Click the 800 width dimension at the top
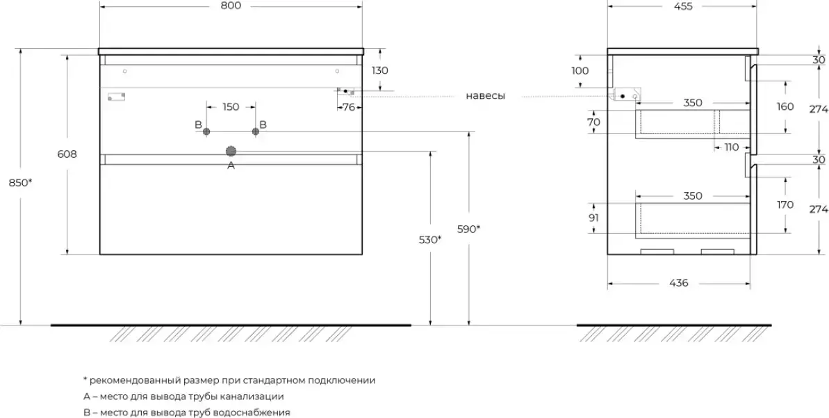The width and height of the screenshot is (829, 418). tap(231, 6)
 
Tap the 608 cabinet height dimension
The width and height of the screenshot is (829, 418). tap(67, 154)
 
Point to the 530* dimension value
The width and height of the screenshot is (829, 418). tap(430, 239)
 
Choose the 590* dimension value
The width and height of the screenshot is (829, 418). tap(469, 229)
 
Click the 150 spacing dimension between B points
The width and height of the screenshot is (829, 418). tap(231, 107)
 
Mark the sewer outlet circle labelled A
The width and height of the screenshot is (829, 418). tap(231, 151)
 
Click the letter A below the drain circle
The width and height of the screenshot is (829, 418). tap(231, 166)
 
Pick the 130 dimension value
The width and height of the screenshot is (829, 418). tap(380, 70)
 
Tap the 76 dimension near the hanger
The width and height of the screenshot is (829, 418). tap(349, 107)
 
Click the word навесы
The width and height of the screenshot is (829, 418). tap(486, 96)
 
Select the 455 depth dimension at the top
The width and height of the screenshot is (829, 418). tap(682, 6)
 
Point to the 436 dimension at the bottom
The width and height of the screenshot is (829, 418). tap(678, 283)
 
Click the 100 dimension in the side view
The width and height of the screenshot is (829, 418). tap(580, 71)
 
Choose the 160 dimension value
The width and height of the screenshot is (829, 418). tap(785, 107)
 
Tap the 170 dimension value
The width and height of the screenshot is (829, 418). tap(785, 204)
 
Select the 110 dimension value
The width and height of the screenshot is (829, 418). tap(732, 147)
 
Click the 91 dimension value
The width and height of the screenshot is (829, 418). tap(593, 218)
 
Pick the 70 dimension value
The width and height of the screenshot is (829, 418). tap(593, 122)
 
